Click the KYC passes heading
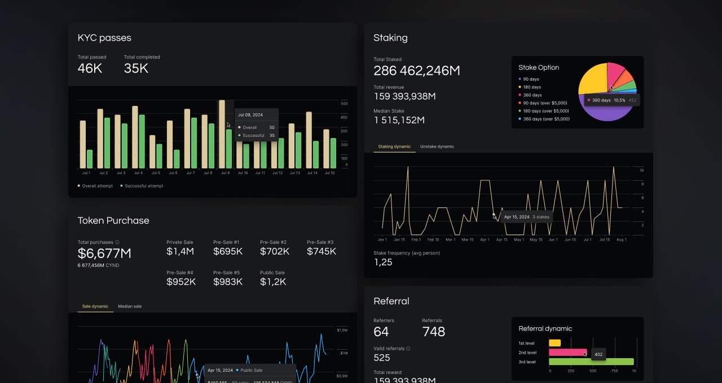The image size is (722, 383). click(104, 38)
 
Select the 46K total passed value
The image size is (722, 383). click(90, 68)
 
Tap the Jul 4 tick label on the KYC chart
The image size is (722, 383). click(138, 173)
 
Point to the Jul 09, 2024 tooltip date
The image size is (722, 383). click(250, 115)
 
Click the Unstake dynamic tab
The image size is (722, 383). click(437, 146)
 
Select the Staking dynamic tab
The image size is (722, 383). click(394, 146)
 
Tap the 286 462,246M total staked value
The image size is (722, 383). click(417, 70)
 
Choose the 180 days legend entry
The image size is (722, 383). click(532, 87)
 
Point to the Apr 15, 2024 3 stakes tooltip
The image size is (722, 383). click(526, 217)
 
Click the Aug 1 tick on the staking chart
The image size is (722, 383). click(622, 239)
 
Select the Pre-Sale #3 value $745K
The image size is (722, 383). click(322, 251)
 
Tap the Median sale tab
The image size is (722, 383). click(130, 306)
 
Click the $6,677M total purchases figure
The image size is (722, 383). click(104, 253)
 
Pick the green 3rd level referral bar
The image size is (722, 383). click(591, 362)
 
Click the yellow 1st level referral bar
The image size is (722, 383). click(555, 342)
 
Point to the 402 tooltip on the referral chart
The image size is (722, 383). click(598, 354)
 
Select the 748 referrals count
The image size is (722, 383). click(433, 332)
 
